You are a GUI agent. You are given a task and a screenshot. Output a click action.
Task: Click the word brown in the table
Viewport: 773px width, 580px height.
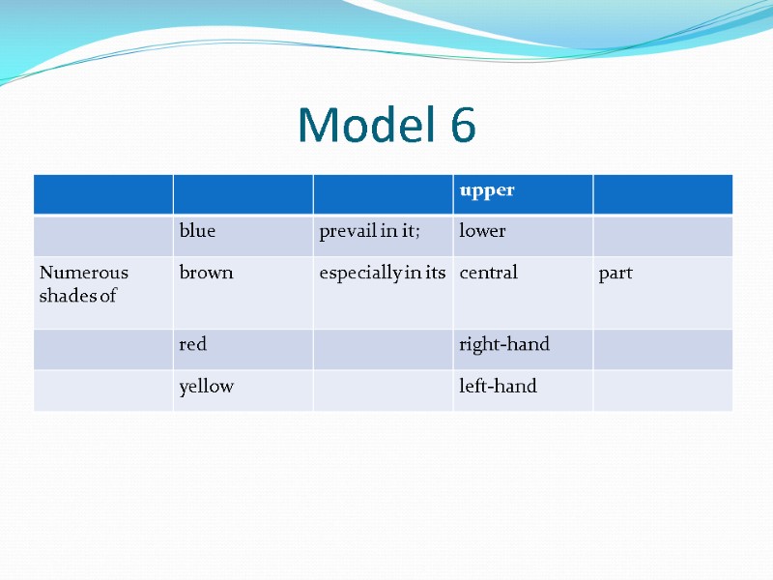pyautogui.click(x=206, y=274)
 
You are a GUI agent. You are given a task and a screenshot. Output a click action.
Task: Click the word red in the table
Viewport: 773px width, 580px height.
pyautogui.click(x=193, y=345)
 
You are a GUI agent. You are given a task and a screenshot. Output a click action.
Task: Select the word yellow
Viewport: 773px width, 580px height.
pyautogui.click(x=206, y=388)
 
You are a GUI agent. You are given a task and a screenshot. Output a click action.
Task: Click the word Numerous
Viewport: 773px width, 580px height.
pyautogui.click(x=84, y=274)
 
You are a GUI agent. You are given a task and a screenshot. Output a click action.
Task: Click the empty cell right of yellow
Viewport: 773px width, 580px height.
pyautogui.click(x=383, y=390)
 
